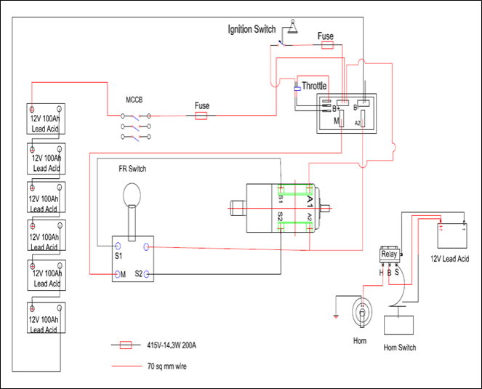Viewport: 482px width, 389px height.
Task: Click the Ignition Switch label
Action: tap(252, 29)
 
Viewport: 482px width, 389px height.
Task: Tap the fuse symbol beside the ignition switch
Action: tap(327, 44)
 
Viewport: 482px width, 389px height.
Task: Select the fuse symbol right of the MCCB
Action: tap(202, 115)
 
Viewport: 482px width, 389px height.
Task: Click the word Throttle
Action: tap(314, 86)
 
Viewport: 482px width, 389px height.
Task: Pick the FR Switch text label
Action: tap(132, 169)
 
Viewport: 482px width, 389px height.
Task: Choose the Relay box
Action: tap(390, 254)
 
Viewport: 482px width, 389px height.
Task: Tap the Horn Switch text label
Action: tap(399, 348)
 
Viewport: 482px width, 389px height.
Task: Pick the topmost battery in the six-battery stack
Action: tap(47, 119)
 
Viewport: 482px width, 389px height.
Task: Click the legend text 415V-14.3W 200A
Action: tap(172, 345)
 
